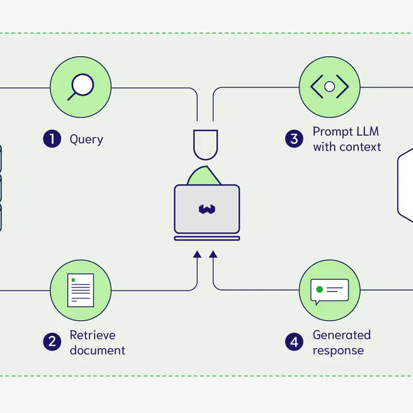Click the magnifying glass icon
coord(81,87)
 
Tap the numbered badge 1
coord(52,139)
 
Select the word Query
coord(86,139)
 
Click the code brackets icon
coord(329,87)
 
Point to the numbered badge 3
coord(294,139)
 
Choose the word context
coord(360,147)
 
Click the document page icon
coord(81,290)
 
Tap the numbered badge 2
coord(52,342)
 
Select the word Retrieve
coord(93,335)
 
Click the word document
coord(97,350)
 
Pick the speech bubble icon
coord(329,291)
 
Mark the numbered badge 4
coord(294,342)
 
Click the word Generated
coord(342,335)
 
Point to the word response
coord(338,350)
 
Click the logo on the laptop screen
coord(207,209)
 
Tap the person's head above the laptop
coord(206,144)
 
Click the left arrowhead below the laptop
coord(197,253)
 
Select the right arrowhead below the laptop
coord(213,253)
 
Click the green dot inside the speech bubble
coord(320,289)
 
